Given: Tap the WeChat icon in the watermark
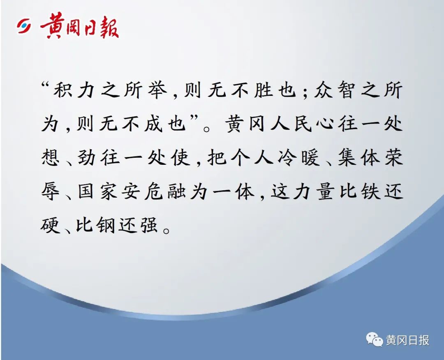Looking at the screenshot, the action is [x=374, y=339].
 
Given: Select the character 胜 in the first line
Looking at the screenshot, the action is [x=263, y=90].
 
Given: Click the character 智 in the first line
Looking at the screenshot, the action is [x=346, y=90].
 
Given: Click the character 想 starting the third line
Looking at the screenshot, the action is [x=51, y=157].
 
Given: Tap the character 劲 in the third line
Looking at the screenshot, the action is [x=86, y=157].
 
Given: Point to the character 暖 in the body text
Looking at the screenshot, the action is [x=310, y=157].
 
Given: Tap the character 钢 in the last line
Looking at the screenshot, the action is [x=105, y=225].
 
